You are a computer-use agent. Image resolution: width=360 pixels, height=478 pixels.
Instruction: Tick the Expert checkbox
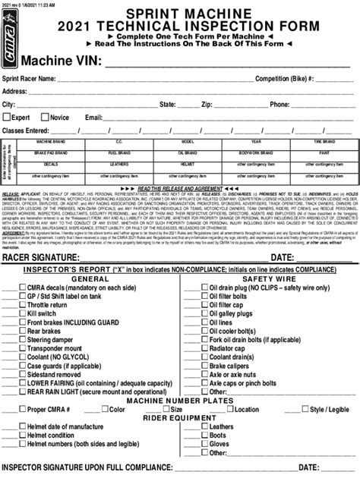[7, 118]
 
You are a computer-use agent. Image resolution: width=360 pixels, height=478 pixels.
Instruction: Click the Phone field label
[279, 104]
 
